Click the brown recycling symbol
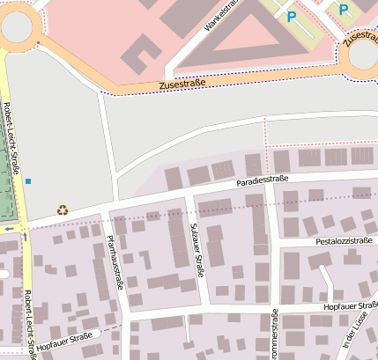coord(63,209)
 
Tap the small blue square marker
coord(28,181)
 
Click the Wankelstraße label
coord(221,15)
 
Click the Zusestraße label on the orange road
coord(184,85)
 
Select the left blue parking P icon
coord(292,16)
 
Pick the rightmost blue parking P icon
coord(344,10)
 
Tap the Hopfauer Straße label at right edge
coord(351,305)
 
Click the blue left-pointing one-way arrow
coord(9,229)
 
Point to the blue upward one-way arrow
coord(25,236)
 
